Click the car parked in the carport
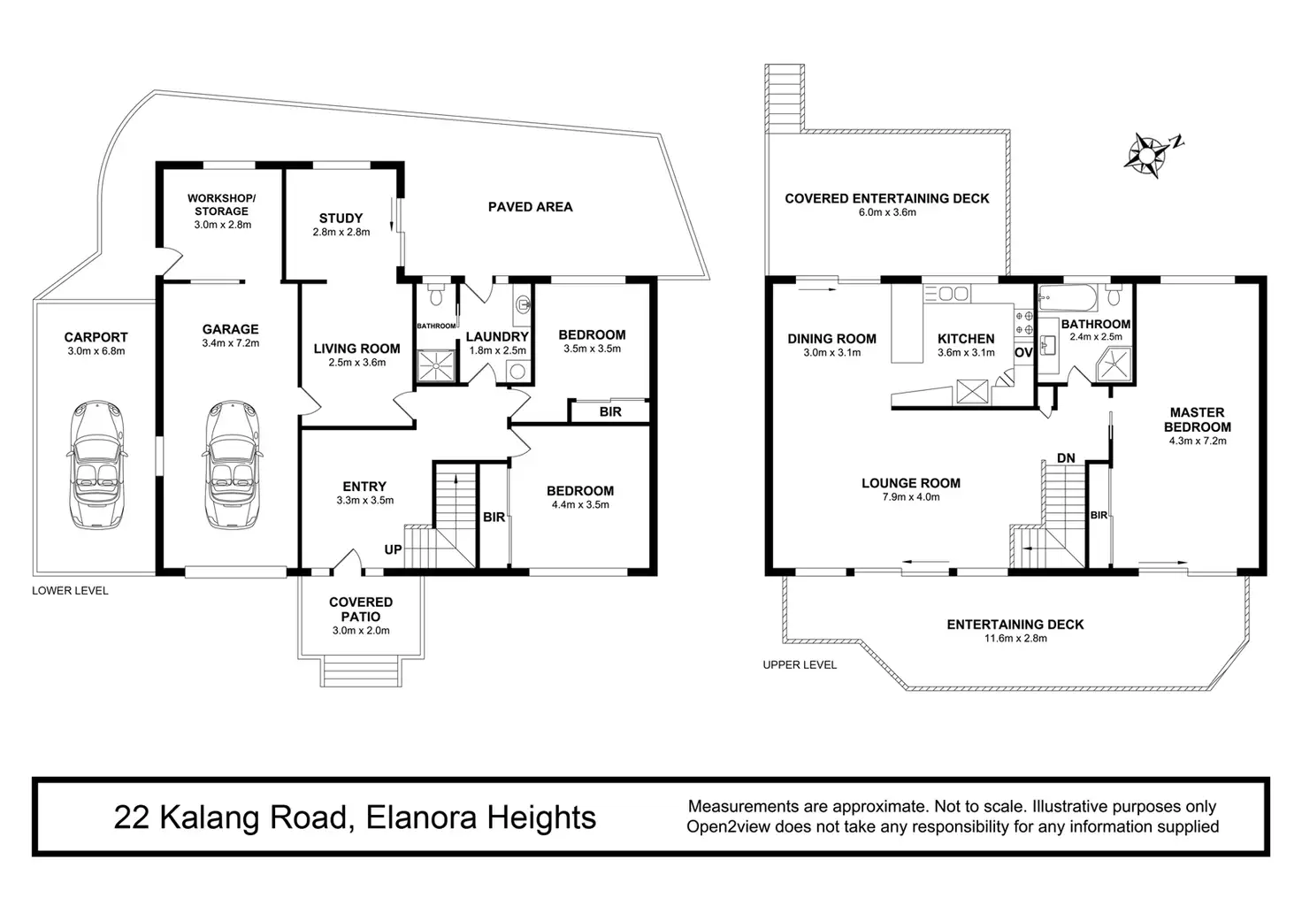97,464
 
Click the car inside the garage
232,464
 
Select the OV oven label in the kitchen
1023,352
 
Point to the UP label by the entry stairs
393,549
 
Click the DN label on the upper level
1066,458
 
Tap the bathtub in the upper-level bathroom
1068,299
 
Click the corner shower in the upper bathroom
1114,365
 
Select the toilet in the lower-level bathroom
435,295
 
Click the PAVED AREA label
530,207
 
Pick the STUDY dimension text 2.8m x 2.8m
341,232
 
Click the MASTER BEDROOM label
1198,419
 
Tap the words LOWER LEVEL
71,591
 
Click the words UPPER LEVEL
800,665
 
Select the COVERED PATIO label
361,610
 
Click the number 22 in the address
132,817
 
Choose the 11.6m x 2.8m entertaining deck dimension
1015,639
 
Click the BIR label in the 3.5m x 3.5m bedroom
610,411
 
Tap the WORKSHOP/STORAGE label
221,204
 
